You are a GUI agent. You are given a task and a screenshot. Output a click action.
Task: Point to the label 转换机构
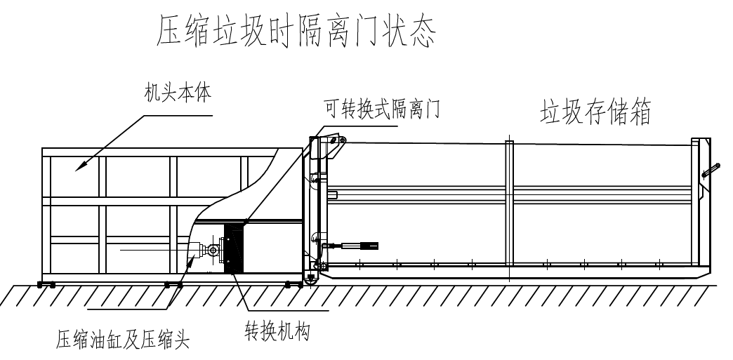coord(277,330)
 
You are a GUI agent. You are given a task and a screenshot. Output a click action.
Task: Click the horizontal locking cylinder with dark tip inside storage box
coord(355,246)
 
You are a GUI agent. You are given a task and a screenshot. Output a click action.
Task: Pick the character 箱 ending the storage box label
coord(640,112)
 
